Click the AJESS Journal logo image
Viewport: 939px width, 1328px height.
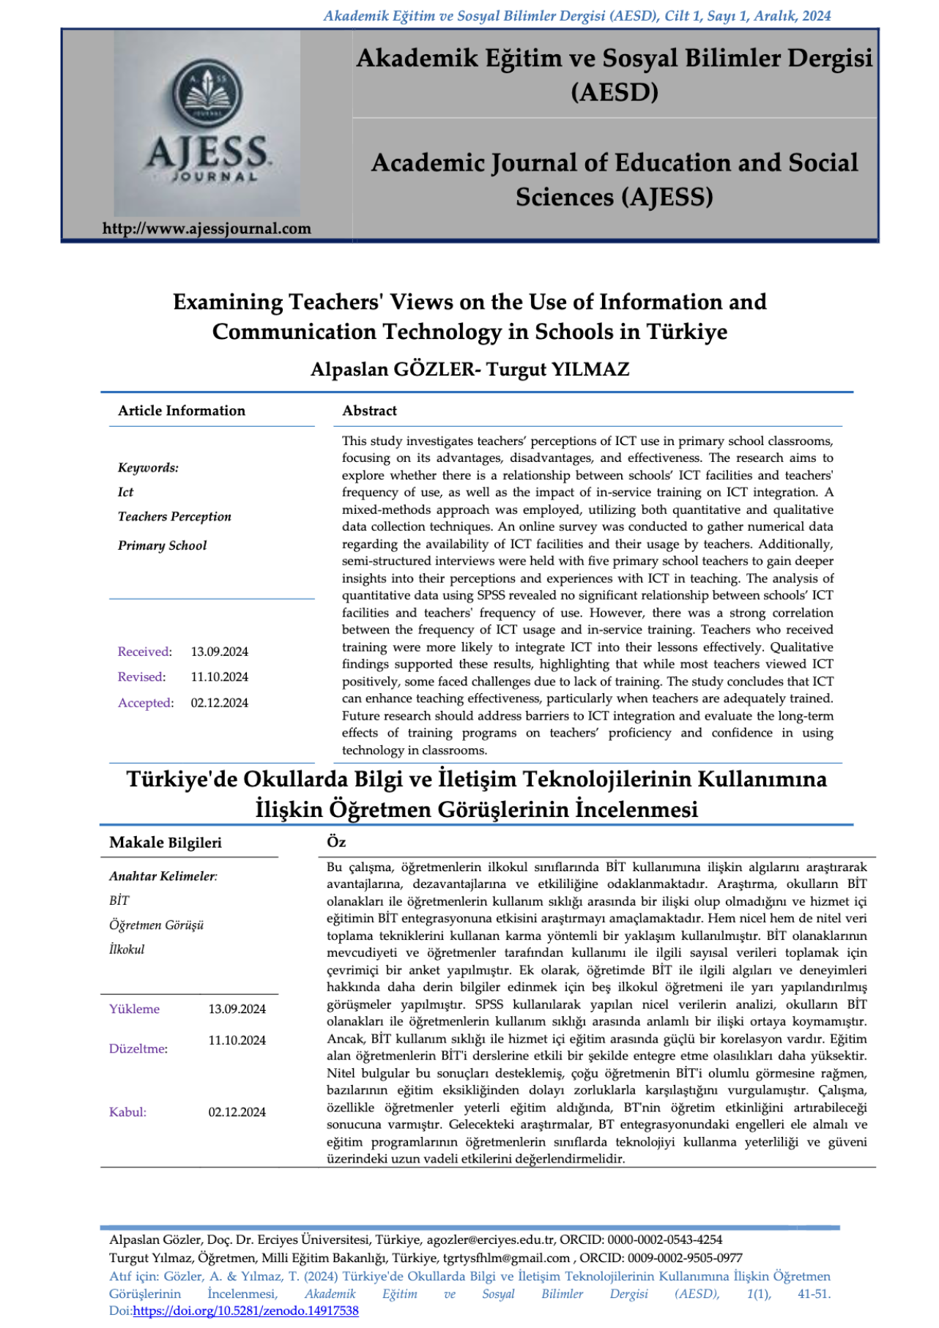click(207, 123)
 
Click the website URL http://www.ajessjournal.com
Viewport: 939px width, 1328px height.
click(207, 228)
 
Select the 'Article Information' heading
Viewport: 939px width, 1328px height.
click(182, 411)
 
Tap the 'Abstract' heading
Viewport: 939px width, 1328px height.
click(369, 411)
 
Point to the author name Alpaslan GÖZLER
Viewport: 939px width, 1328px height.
click(393, 369)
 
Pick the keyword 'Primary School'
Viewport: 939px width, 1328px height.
click(162, 545)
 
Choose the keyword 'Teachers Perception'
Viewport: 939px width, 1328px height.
click(174, 517)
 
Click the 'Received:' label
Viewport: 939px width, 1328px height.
click(144, 652)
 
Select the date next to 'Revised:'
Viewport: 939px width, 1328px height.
click(219, 677)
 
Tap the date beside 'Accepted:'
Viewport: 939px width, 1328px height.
click(219, 703)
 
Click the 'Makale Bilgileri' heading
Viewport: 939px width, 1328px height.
click(165, 843)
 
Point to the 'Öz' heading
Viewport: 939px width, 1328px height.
click(336, 842)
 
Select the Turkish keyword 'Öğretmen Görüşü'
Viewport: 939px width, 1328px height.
click(156, 925)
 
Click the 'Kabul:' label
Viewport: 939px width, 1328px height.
click(127, 1112)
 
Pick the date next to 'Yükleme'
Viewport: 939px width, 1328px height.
click(237, 1009)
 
